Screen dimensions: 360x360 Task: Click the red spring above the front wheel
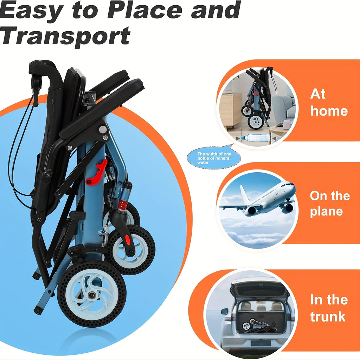pos(123,204)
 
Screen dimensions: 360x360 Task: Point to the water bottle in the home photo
pos(255,138)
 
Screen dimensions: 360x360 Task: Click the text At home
pos(329,102)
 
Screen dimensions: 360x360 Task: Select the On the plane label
pos(330,204)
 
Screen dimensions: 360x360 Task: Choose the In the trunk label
pos(329,308)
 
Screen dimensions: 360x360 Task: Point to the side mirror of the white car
pos(224,311)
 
